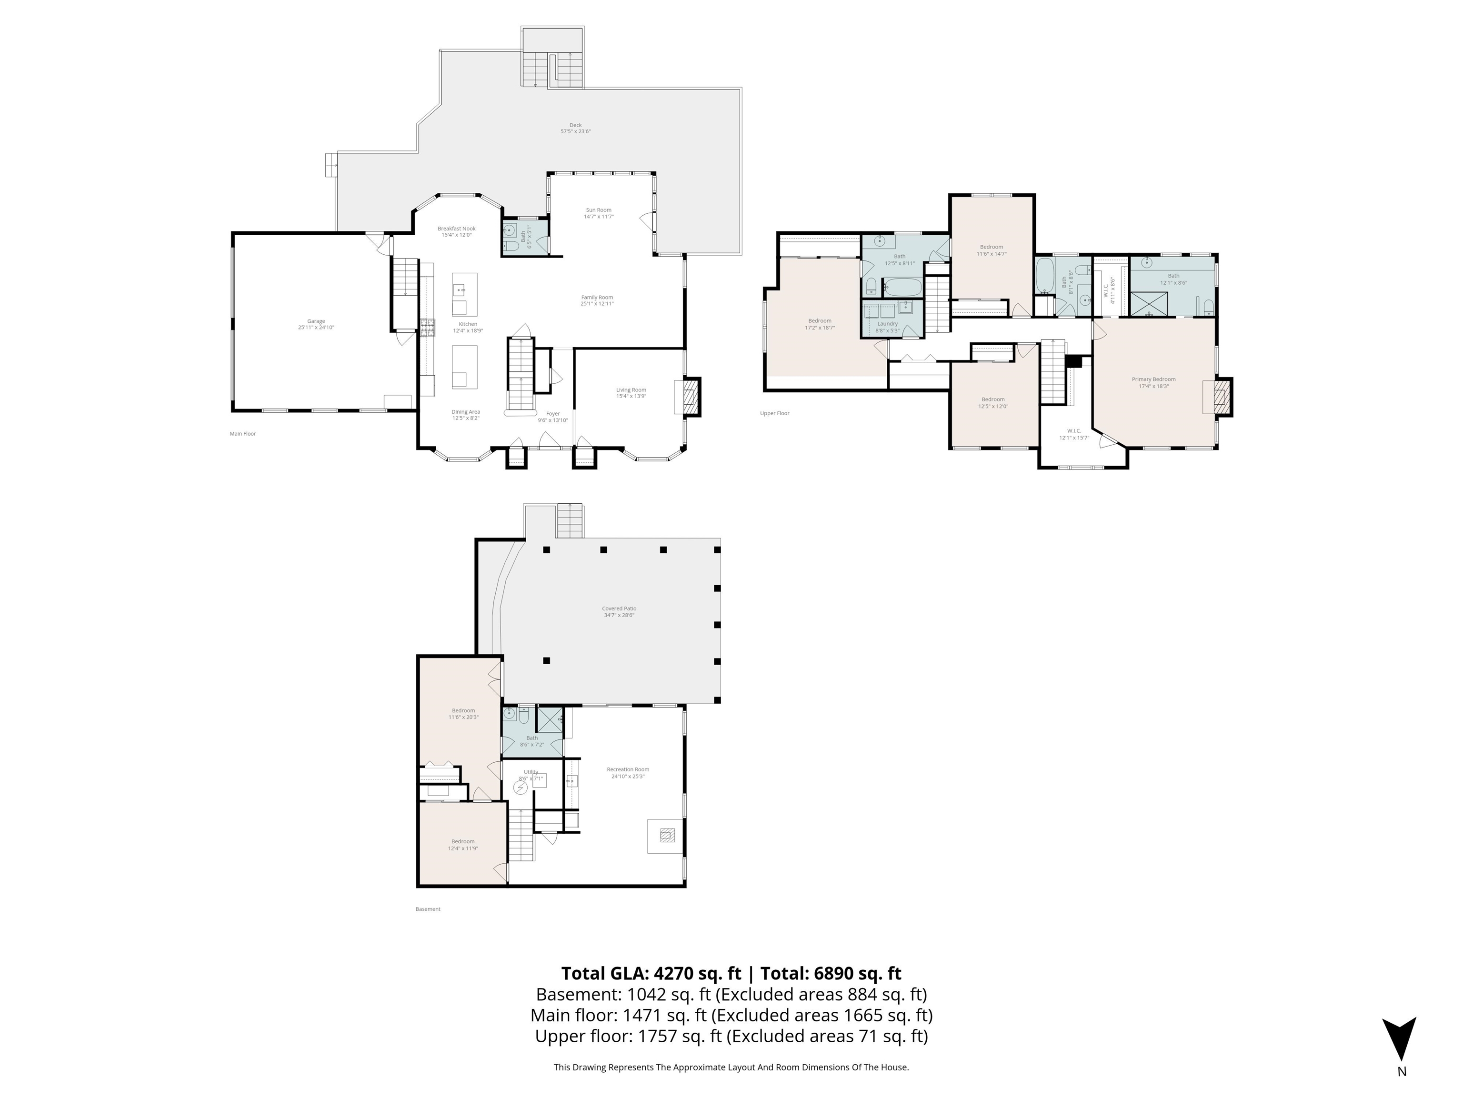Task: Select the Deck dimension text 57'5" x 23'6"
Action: coord(575,131)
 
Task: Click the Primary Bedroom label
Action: coord(1153,379)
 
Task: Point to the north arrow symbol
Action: coord(1399,1039)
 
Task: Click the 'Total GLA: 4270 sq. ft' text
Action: coord(651,973)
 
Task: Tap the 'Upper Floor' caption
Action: coord(774,413)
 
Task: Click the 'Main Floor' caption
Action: coord(243,434)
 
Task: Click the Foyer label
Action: coord(552,414)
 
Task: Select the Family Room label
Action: coord(597,298)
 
